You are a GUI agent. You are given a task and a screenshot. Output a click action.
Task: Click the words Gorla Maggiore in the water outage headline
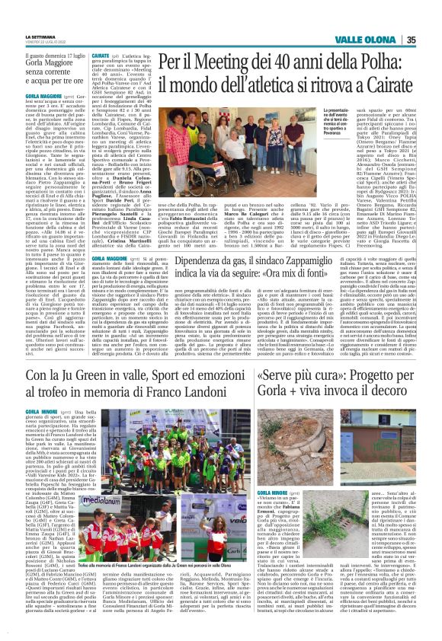(x=49, y=63)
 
